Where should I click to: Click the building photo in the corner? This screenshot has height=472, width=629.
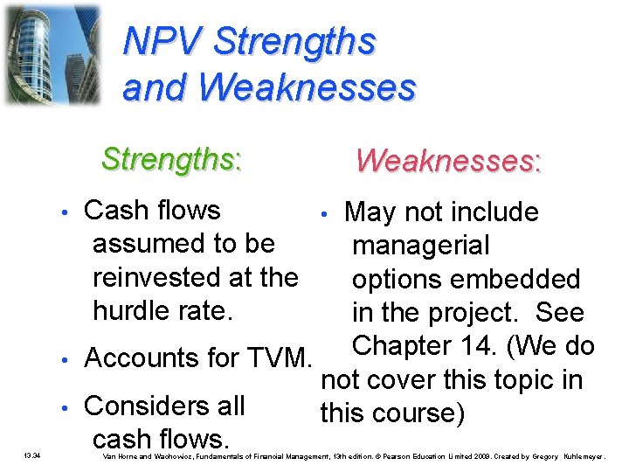click(52, 54)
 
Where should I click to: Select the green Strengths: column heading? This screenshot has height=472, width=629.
click(171, 159)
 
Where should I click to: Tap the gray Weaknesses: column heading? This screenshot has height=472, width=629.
click(448, 160)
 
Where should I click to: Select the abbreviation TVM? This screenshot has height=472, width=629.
click(279, 358)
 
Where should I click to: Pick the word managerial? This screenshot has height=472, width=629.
click(420, 246)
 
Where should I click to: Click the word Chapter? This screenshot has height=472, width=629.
click(405, 345)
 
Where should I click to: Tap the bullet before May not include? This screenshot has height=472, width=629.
click(324, 213)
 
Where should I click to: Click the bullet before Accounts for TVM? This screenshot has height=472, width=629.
click(66, 359)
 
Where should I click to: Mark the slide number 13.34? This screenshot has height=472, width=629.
click(32, 456)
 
